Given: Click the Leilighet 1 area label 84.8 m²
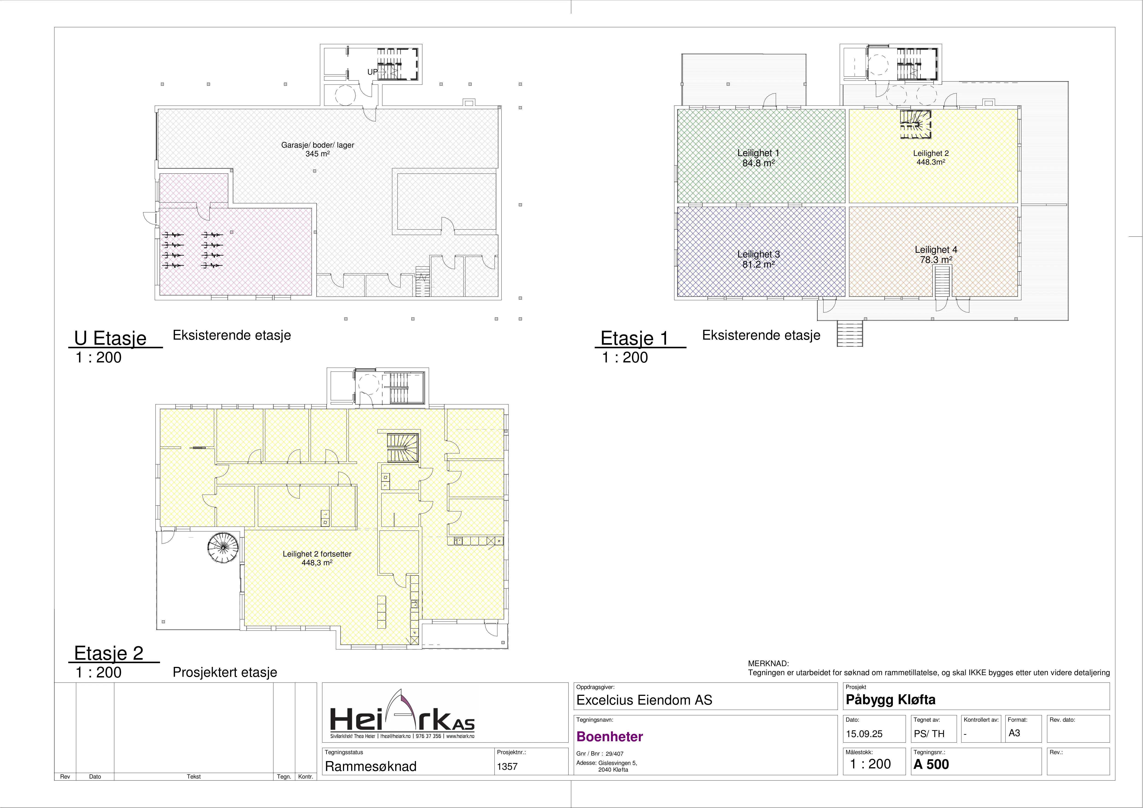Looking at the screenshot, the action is click(758, 163).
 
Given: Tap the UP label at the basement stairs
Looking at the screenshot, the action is click(372, 72).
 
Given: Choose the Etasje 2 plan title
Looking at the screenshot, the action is click(108, 653).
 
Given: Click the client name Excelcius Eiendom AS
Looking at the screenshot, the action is click(644, 700).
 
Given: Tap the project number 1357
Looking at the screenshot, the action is click(507, 767).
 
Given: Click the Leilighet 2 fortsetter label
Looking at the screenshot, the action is click(317, 554).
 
